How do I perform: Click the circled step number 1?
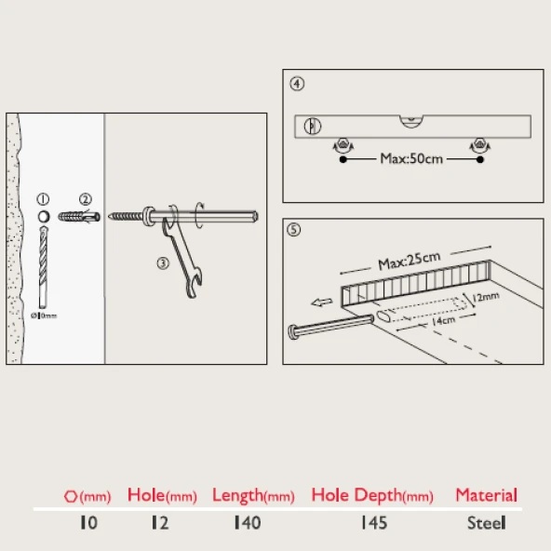[43, 199]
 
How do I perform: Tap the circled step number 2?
[86, 199]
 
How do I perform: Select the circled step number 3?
[163, 262]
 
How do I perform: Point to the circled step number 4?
[297, 84]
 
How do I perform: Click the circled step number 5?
[294, 230]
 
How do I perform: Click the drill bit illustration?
[43, 268]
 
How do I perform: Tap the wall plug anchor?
[79, 217]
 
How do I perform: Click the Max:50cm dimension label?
[411, 159]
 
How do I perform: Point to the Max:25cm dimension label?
[409, 261]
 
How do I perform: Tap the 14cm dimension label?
[443, 320]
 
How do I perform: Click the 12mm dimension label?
[486, 297]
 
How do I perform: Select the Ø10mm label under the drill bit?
[44, 316]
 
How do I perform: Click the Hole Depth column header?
[372, 495]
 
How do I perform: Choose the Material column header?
[487, 495]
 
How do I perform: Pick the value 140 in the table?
[248, 523]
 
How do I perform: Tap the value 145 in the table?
[374, 523]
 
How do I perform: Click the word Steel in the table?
[487, 523]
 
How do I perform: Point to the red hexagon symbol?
[71, 496]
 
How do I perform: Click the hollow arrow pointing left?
[322, 302]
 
